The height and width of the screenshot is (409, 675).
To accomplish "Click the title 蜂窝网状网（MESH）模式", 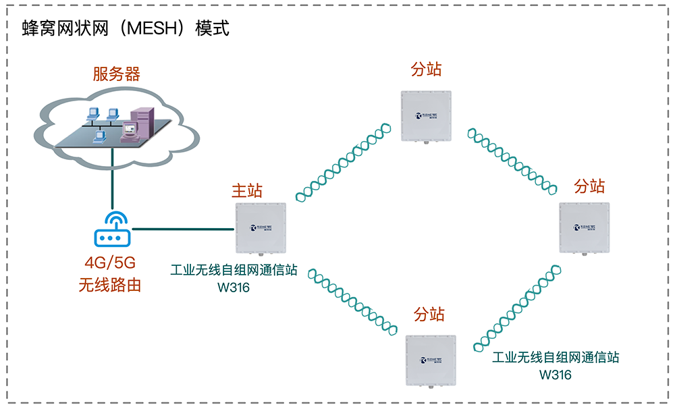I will point(126,29).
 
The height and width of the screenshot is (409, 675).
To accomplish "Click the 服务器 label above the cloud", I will point(116,74).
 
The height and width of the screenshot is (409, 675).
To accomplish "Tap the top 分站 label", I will point(427,70).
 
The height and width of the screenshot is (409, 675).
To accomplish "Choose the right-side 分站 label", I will point(589,186).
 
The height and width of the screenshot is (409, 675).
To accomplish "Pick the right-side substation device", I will point(584,229).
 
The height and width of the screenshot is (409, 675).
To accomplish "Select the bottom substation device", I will point(430,360).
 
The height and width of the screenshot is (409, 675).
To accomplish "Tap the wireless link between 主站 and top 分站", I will point(343,161).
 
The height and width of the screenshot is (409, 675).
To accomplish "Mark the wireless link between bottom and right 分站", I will point(516,307).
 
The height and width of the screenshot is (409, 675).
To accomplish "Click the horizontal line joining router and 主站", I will point(182,230).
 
